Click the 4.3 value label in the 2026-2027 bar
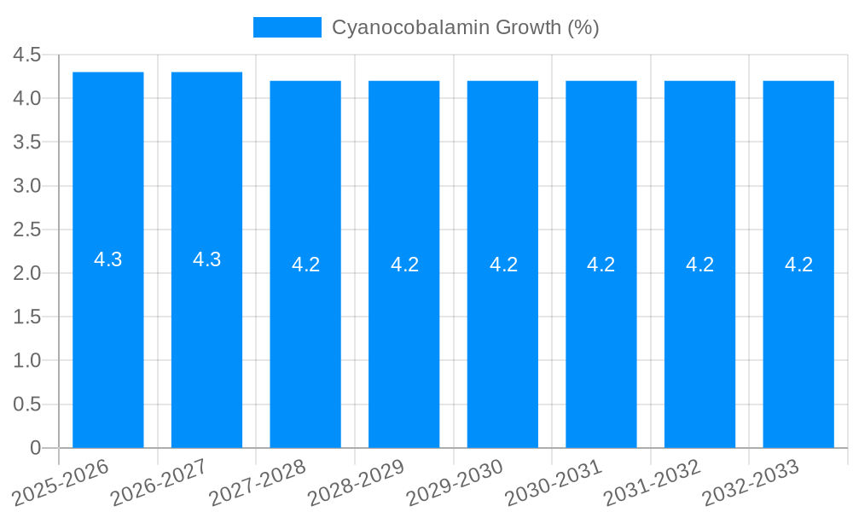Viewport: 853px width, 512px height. tap(207, 259)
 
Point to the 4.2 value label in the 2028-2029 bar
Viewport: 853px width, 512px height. tap(404, 265)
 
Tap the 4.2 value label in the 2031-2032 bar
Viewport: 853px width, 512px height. tap(700, 265)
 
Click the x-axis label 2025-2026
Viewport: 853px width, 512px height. tap(62, 481)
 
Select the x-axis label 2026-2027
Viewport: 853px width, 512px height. tap(160, 481)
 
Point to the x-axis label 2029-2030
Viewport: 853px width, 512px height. tap(456, 481)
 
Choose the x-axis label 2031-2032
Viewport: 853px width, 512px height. tap(653, 481)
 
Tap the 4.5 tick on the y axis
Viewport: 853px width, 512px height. tap(27, 55)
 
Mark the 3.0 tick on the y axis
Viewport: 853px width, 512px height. tap(27, 186)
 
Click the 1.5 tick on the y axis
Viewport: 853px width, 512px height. tap(27, 317)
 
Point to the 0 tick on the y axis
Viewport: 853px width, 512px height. tap(35, 448)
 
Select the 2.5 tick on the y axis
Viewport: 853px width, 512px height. tap(27, 230)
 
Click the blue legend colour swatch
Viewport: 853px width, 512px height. tap(287, 27)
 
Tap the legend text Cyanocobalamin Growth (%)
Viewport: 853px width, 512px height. tap(465, 27)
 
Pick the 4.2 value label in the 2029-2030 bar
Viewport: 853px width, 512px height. tap(503, 265)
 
